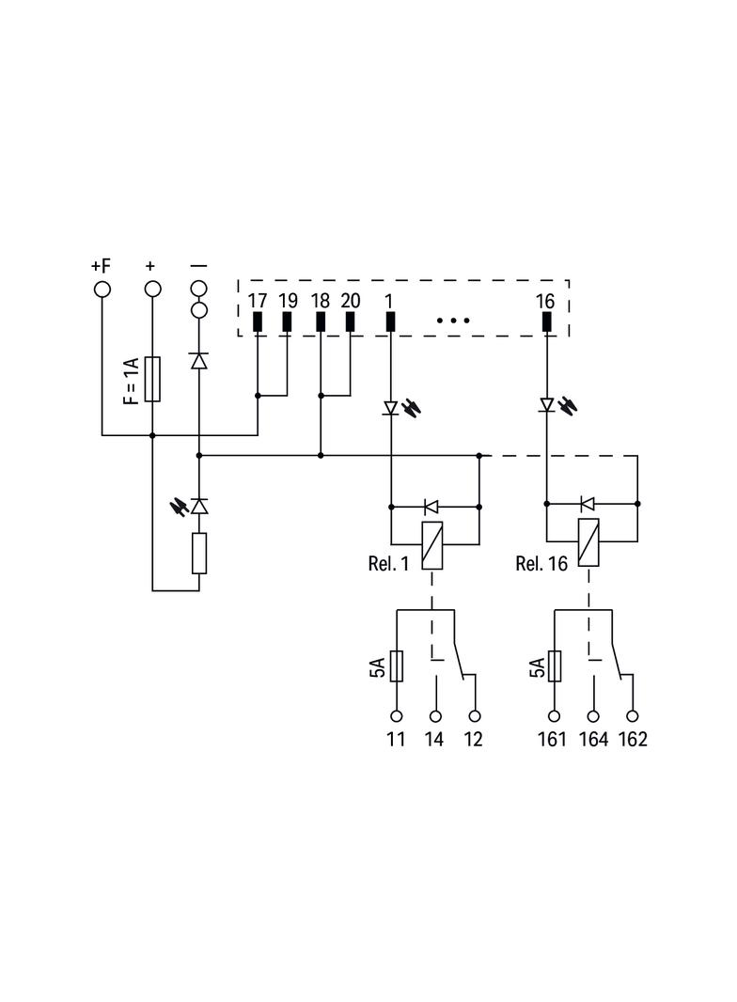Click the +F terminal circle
[102, 290]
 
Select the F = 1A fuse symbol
[152, 379]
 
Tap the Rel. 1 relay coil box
[432, 545]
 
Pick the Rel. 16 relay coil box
[588, 542]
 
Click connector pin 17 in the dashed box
[258, 322]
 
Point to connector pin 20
[350, 322]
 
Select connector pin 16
[546, 322]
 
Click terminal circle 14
[435, 716]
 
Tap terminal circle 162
[633, 716]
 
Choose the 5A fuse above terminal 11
[397, 666]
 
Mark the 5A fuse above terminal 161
[555, 666]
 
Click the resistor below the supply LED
[199, 554]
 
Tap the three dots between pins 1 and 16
[453, 321]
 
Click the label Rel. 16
[541, 564]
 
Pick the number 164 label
[594, 740]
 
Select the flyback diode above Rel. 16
[588, 504]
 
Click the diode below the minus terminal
[199, 361]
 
